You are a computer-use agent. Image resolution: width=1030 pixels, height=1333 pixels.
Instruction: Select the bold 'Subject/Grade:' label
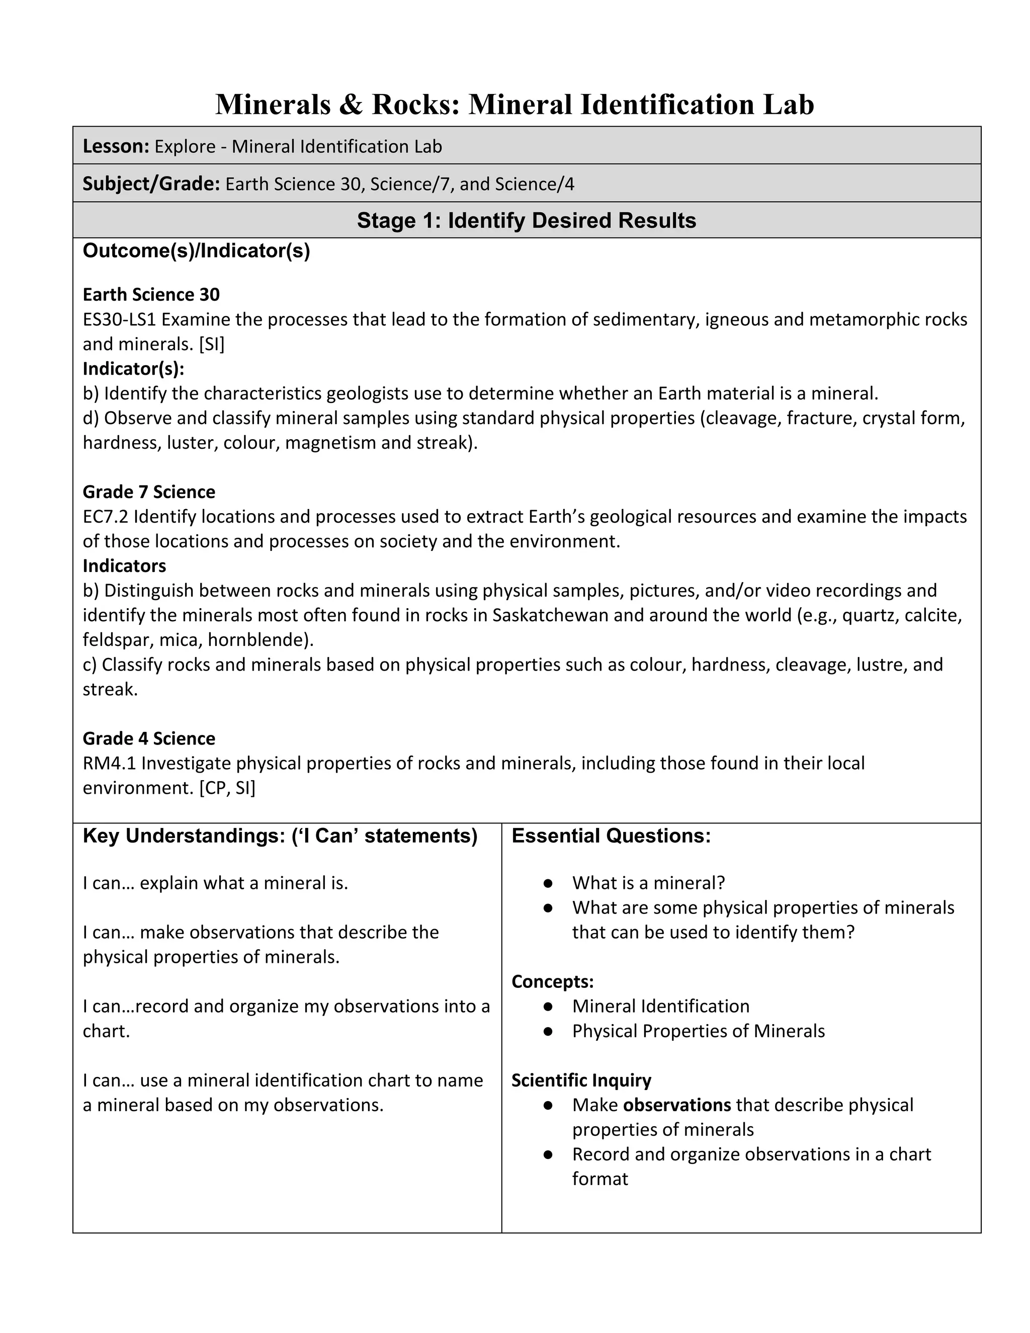pyautogui.click(x=151, y=184)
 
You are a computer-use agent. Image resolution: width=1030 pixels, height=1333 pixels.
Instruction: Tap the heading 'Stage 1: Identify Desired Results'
pyautogui.click(x=526, y=220)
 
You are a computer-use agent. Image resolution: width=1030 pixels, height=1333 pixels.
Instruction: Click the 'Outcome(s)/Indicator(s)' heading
pyautogui.click(x=196, y=251)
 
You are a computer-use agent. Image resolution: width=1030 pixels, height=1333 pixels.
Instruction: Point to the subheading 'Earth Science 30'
pyautogui.click(x=151, y=295)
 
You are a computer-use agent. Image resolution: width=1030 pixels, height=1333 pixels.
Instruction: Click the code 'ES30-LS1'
pyautogui.click(x=120, y=320)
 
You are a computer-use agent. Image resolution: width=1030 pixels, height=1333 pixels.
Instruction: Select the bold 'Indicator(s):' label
pyautogui.click(x=133, y=369)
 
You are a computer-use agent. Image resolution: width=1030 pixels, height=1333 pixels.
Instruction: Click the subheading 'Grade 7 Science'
pyautogui.click(x=149, y=492)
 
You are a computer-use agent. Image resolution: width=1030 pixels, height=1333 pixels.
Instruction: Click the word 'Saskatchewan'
pyautogui.click(x=550, y=615)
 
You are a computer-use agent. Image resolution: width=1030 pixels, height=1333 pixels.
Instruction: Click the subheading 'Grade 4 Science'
pyautogui.click(x=149, y=738)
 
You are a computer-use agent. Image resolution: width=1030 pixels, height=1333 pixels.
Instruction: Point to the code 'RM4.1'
pyautogui.click(x=109, y=764)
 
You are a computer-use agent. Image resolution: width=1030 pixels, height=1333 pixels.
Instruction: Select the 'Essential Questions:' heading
pyautogui.click(x=611, y=836)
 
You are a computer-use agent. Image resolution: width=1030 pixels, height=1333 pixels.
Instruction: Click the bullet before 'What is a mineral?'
pyautogui.click(x=548, y=884)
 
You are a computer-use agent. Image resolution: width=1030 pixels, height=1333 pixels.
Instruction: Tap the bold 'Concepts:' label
pyautogui.click(x=552, y=981)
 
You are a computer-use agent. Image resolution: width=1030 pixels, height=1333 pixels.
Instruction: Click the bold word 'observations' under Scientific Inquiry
pyautogui.click(x=677, y=1105)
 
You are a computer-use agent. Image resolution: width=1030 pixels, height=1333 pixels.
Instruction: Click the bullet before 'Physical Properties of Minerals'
pyautogui.click(x=548, y=1032)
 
